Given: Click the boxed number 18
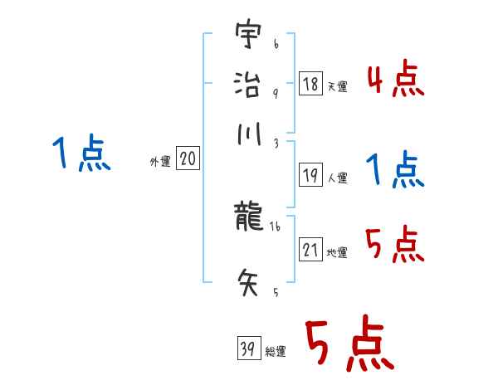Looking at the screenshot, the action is (x=310, y=85).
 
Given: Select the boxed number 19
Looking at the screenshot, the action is (x=310, y=176).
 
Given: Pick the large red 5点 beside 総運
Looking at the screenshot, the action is (x=349, y=345).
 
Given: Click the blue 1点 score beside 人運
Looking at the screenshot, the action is (x=396, y=170).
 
